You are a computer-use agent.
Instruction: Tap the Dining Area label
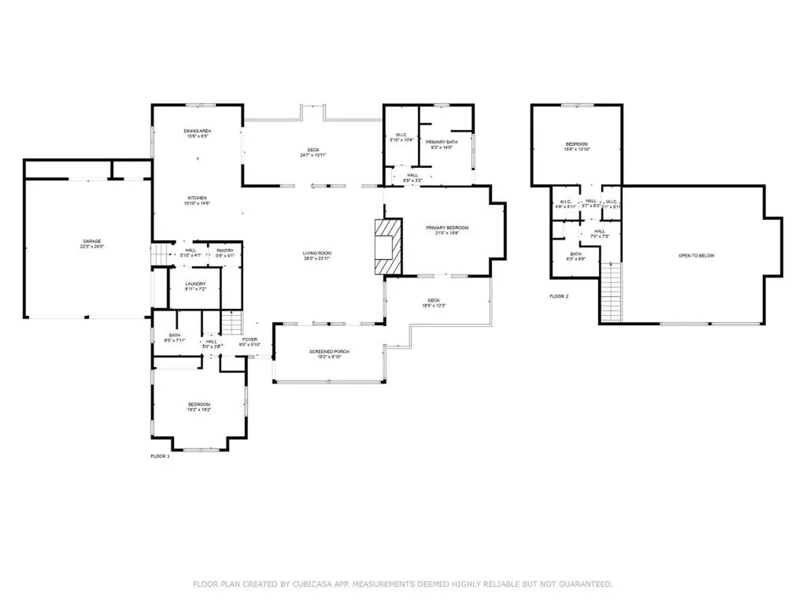[x=198, y=131]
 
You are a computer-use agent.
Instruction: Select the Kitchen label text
[x=198, y=198]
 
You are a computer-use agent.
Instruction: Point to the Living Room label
[x=317, y=254]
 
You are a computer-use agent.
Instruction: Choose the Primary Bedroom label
[x=442, y=228]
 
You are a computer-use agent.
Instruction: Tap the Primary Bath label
[x=442, y=142]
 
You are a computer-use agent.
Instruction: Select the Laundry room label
[x=195, y=284]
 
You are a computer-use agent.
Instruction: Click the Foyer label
[x=250, y=340]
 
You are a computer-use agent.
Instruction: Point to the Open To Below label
[x=697, y=256]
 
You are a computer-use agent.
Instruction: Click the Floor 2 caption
[x=559, y=296]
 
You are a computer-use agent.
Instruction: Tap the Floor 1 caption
[x=160, y=456]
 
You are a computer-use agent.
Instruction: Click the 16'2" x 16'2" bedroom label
[x=199, y=405]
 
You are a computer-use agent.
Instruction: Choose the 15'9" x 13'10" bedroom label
[x=576, y=144]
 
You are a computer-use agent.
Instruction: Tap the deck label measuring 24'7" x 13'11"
[x=312, y=150]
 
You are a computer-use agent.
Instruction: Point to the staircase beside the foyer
[x=231, y=323]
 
